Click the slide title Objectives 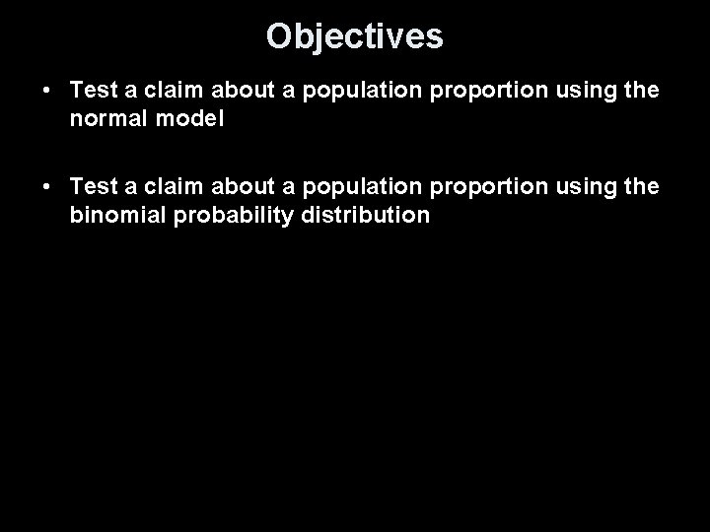pyautogui.click(x=355, y=36)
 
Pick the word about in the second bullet pyautogui.click(x=236, y=188)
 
